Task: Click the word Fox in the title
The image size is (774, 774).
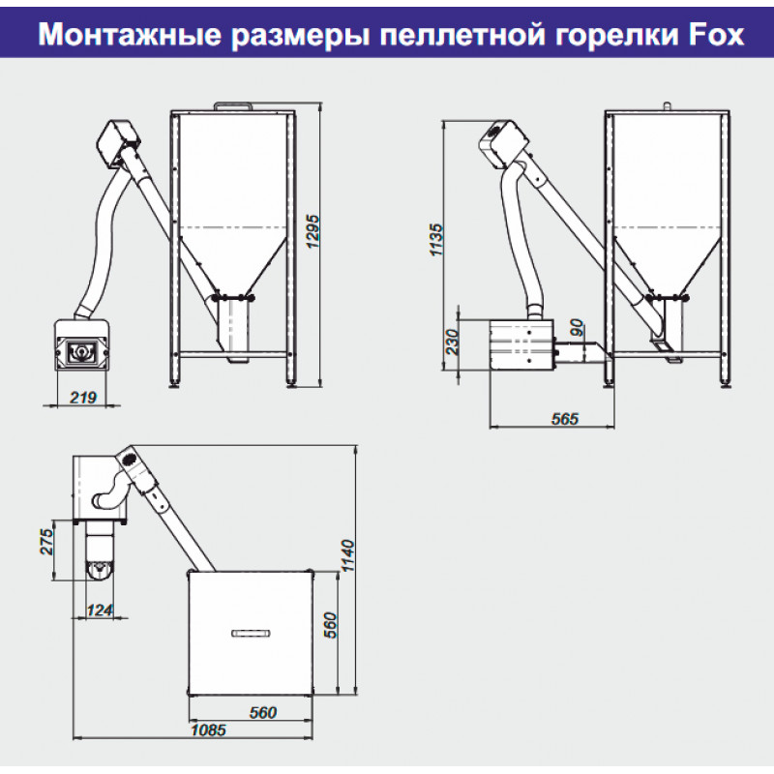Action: point(715,35)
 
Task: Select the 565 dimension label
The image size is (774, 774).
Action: point(564,419)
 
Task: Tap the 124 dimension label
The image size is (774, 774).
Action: point(101,610)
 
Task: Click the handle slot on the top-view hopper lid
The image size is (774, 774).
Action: point(251,633)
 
